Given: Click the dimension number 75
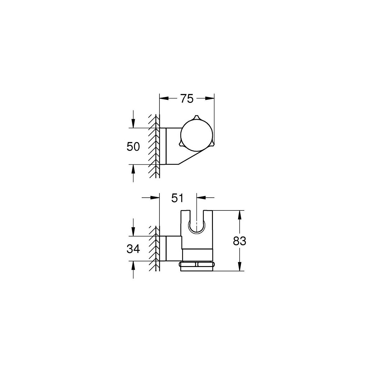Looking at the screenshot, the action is point(187,99).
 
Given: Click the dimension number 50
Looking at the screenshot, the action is point(133,146).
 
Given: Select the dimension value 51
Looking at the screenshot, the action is point(177,198).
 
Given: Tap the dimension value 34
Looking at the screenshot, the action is point(133,249).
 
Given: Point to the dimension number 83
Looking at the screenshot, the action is point(239,241).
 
